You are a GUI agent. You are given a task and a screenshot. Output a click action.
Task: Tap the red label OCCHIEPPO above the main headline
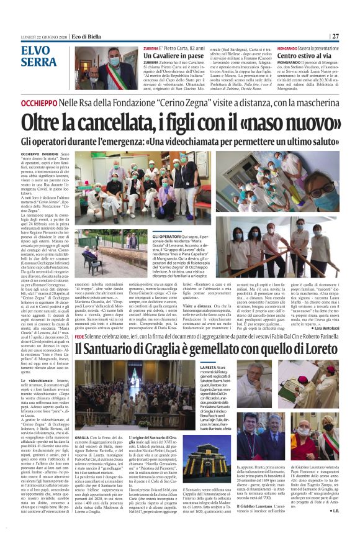(38, 101)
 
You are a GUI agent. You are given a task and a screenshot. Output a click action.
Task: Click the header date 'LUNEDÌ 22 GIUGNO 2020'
(42, 36)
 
